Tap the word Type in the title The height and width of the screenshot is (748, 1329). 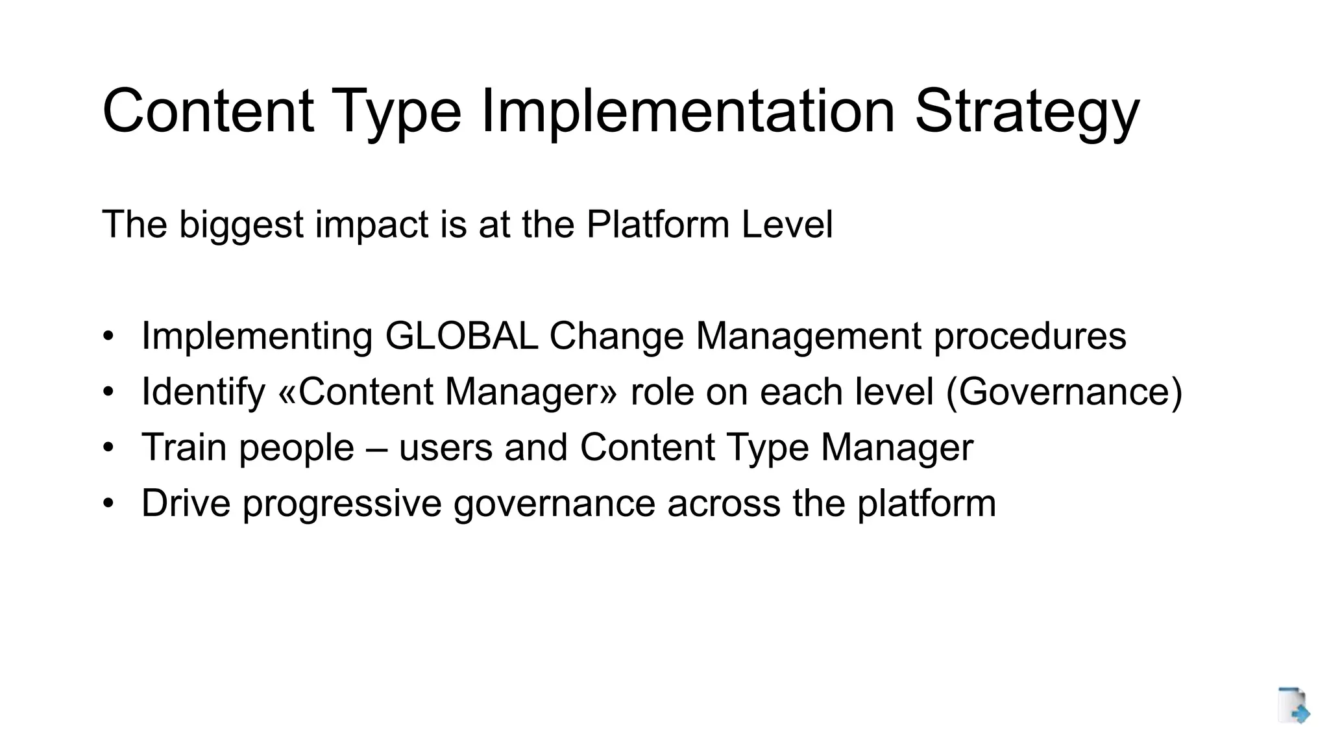pyautogui.click(x=396, y=112)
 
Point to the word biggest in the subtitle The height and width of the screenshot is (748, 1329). pyautogui.click(x=241, y=225)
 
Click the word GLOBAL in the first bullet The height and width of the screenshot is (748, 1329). pyautogui.click(x=461, y=336)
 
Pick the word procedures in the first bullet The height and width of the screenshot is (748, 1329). pyautogui.click(x=1030, y=336)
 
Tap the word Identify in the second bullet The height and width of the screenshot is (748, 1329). pyautogui.click(x=203, y=392)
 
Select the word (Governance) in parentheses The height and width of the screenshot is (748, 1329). pyautogui.click(x=1064, y=392)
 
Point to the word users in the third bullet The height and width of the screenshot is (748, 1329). pyautogui.click(x=446, y=448)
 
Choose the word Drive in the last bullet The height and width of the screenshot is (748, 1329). pyautogui.click(x=186, y=503)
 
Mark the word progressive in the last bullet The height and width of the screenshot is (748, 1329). pyautogui.click(x=342, y=503)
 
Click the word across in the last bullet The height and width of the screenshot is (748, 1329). pyautogui.click(x=724, y=503)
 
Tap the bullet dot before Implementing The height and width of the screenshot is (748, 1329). pyautogui.click(x=108, y=336)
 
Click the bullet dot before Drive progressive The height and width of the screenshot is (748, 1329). pyautogui.click(x=108, y=503)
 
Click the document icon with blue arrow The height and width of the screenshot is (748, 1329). pyautogui.click(x=1293, y=705)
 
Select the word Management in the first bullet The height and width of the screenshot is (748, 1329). pyautogui.click(x=809, y=336)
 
